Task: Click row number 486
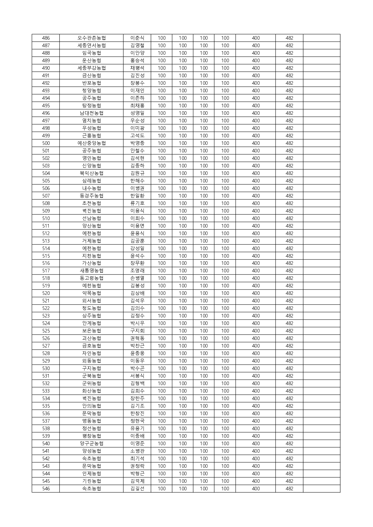(46, 38)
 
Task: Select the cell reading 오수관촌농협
(91, 38)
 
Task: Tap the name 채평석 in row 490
(137, 68)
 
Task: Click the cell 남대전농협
(91, 113)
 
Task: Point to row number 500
(46, 143)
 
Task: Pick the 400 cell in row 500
(256, 143)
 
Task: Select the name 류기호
(137, 203)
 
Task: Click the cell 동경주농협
(91, 196)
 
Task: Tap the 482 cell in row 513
(289, 241)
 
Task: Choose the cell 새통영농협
(91, 271)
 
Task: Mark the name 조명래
(137, 271)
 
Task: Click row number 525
(46, 331)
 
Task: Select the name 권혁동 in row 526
(137, 338)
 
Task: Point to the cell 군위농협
(91, 383)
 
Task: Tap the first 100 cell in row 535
(162, 406)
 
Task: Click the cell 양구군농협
(91, 443)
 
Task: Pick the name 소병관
(137, 451)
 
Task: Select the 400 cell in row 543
(256, 466)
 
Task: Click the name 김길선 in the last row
(137, 489)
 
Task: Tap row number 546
(46, 489)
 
